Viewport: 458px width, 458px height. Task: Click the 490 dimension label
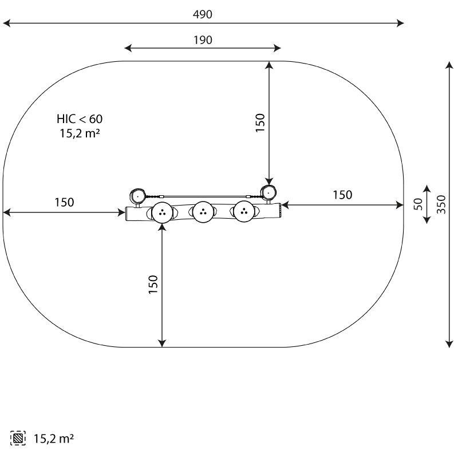click(203, 14)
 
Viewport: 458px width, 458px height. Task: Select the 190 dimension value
click(203, 40)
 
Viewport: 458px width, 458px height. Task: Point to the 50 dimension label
click(418, 204)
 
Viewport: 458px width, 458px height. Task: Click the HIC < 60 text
click(80, 119)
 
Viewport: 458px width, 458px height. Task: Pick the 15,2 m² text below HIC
click(80, 133)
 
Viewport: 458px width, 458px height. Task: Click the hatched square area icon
click(18, 438)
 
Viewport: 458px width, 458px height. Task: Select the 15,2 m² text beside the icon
click(54, 439)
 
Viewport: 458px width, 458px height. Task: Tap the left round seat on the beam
click(162, 212)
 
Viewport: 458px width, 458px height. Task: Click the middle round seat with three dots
click(203, 212)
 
